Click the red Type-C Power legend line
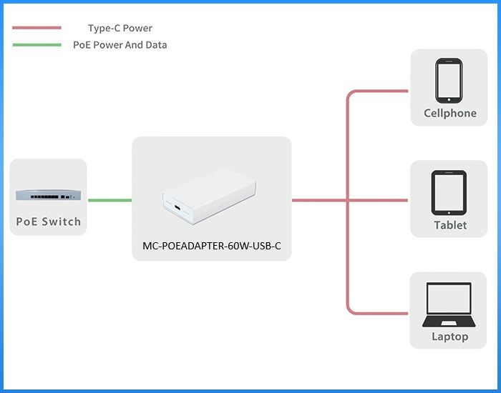click(x=37, y=29)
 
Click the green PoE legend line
click(x=37, y=45)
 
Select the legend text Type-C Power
click(x=120, y=29)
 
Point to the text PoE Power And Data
click(x=120, y=45)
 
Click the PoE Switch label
click(x=49, y=222)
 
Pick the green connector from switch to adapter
click(x=110, y=200)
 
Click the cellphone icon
click(x=449, y=80)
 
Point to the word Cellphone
click(x=449, y=113)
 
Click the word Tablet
click(x=449, y=225)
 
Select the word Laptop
click(x=449, y=337)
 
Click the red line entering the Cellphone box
click(x=379, y=91)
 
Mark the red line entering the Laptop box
click(x=379, y=312)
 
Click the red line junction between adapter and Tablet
click(x=348, y=200)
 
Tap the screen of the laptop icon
click(x=449, y=299)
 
